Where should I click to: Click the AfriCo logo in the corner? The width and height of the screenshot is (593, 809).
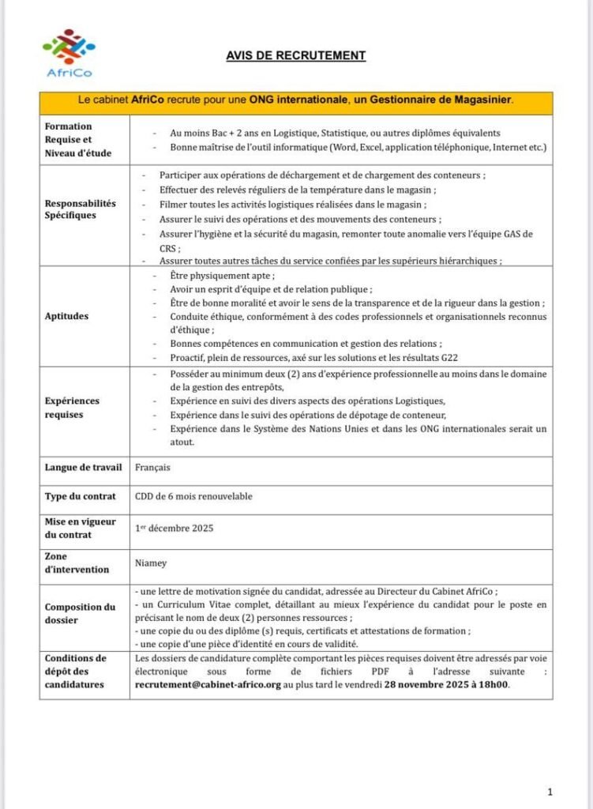click(68, 53)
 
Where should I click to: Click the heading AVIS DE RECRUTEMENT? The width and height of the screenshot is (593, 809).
click(296, 55)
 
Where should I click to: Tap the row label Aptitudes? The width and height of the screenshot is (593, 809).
click(67, 316)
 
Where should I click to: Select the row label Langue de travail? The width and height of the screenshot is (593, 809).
click(83, 467)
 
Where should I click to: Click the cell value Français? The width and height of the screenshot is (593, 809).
click(152, 467)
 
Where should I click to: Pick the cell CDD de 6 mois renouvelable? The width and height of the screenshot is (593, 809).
click(194, 496)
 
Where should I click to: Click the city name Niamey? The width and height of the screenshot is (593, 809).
click(151, 564)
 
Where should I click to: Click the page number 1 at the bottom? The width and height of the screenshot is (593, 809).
click(550, 791)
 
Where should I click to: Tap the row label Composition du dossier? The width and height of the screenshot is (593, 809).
click(80, 613)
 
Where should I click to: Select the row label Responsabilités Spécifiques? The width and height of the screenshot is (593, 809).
click(80, 209)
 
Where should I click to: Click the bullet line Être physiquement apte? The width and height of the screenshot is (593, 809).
click(223, 276)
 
